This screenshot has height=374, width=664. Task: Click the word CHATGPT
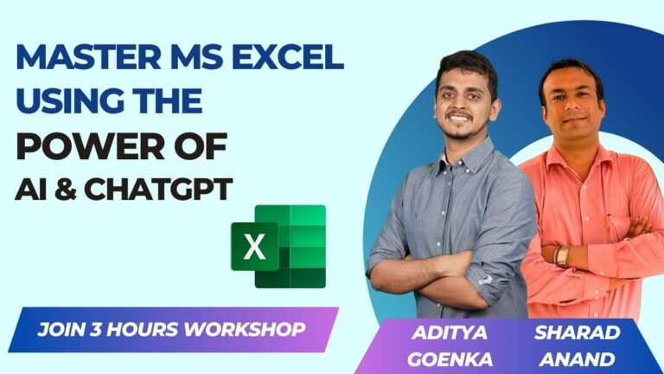click(x=159, y=190)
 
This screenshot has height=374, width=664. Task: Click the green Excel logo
click(x=278, y=246)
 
